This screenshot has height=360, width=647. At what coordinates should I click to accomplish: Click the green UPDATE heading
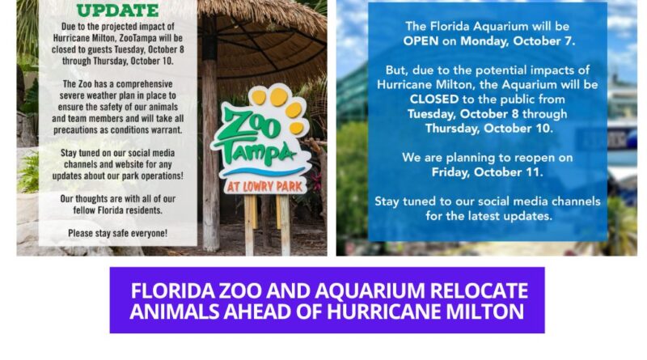click(x=117, y=10)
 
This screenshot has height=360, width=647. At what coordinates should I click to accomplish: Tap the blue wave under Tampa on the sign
click(x=263, y=172)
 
